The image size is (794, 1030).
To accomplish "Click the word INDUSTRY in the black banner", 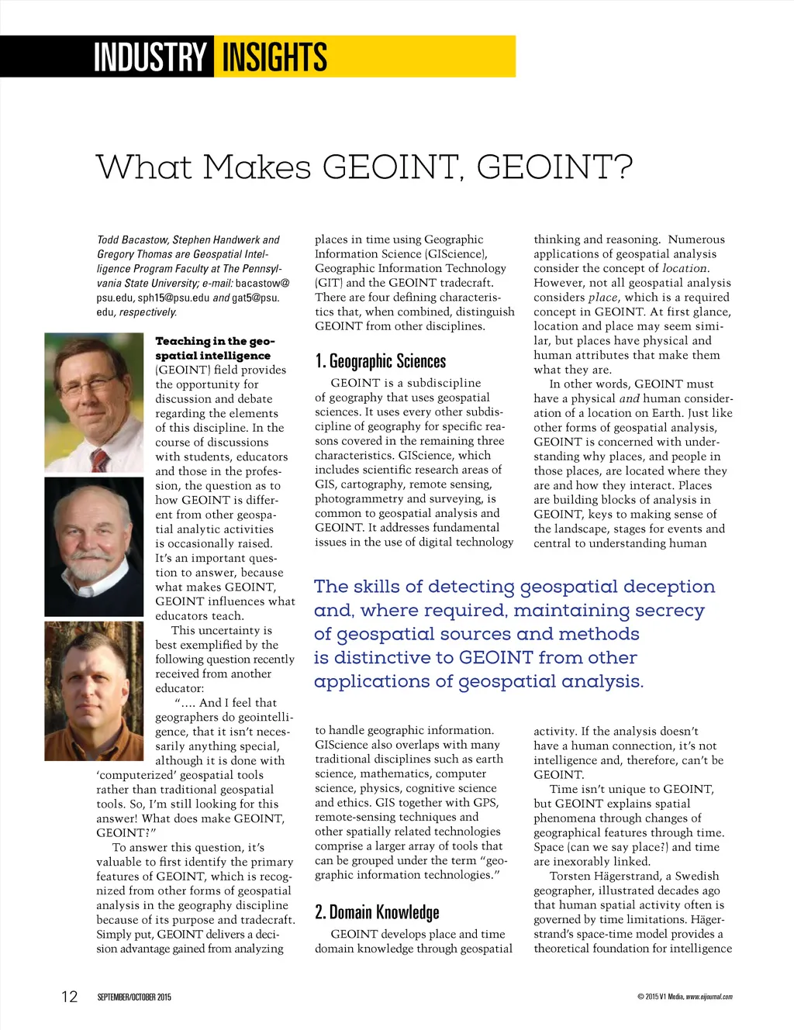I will point(149,57).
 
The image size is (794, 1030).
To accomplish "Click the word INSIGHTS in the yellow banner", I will point(274,57).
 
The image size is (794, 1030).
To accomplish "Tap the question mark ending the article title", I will point(623,167).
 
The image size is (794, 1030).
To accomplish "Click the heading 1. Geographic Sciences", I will point(380,361).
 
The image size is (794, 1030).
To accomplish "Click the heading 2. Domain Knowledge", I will point(377,912).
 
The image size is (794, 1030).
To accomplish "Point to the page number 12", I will point(70,997).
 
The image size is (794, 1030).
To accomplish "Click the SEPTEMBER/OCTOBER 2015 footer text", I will point(134,997).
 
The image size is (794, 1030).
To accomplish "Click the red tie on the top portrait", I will point(100,459).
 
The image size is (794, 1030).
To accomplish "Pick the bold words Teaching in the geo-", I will point(215,341).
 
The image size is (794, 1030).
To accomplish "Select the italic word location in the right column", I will point(684,268).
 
